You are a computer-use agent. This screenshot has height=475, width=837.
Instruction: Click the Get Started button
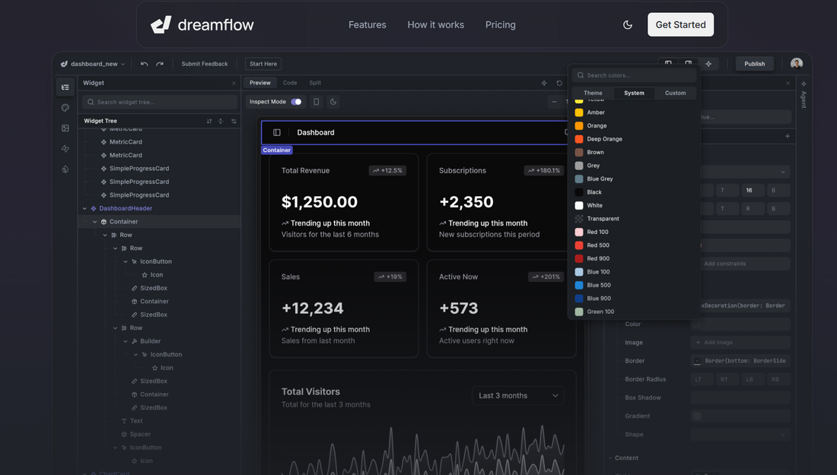[x=680, y=24]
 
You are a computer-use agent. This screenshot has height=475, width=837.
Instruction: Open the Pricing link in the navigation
[x=500, y=25]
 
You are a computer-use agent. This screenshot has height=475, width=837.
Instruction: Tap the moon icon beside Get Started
[x=628, y=25]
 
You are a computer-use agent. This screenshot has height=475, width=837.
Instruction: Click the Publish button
[x=754, y=64]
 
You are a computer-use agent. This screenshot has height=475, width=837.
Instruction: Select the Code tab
[x=290, y=83]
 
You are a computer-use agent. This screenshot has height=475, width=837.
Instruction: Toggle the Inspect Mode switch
[x=296, y=102]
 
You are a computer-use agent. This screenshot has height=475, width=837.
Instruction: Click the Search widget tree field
[x=160, y=102]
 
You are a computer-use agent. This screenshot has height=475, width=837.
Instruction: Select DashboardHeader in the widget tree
[x=126, y=208]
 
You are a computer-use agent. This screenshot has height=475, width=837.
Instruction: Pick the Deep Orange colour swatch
[x=579, y=139]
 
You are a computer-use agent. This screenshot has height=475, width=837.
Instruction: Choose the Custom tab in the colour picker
[x=675, y=93]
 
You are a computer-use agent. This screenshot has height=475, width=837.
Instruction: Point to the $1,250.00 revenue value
[x=319, y=202]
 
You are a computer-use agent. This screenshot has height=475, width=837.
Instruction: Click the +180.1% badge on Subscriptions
[x=543, y=171]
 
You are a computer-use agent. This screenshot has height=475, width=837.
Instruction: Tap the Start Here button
[x=263, y=64]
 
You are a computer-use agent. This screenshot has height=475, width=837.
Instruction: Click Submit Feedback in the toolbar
[x=204, y=64]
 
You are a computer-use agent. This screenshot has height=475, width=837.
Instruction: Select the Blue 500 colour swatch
[x=579, y=285]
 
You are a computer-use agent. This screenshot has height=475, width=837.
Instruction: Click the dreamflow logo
[x=202, y=25]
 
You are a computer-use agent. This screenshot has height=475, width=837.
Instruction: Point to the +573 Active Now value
[x=458, y=309]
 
